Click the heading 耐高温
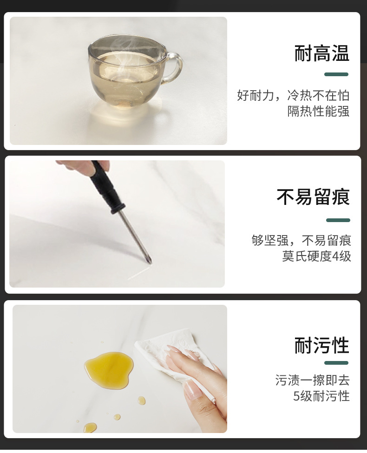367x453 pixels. tap(321, 53)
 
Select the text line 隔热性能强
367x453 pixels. tap(318, 112)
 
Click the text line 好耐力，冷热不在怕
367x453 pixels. tap(293, 96)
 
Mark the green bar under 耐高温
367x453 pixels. tap(336, 74)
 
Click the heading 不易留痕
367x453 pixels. tap(313, 197)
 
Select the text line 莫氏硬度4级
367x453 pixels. tap(316, 256)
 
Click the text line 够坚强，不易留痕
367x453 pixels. tap(301, 240)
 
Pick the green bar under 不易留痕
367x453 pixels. tap(338, 220)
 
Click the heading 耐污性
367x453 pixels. tap(321, 346)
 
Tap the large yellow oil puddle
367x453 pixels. tap(109, 369)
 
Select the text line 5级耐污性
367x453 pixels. tap(321, 396)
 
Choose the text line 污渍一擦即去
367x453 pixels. tap(312, 380)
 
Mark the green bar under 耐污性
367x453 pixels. tap(336, 363)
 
